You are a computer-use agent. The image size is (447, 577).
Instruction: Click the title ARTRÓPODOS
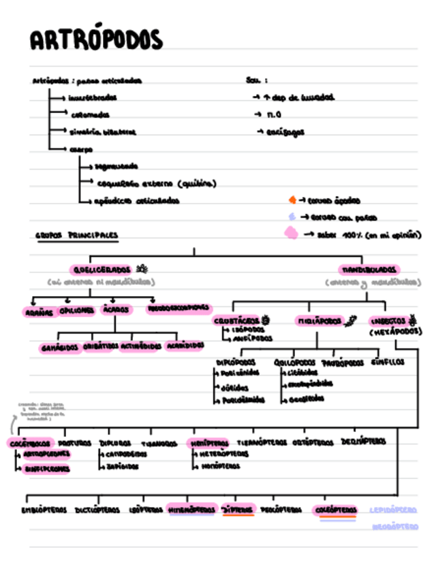(x=96, y=41)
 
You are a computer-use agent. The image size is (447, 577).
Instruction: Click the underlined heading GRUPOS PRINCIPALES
(x=76, y=235)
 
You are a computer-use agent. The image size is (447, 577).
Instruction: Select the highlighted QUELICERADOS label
(x=101, y=269)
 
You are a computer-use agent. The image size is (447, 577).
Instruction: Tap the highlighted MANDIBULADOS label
(x=369, y=269)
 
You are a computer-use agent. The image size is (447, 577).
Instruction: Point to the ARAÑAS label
(x=40, y=311)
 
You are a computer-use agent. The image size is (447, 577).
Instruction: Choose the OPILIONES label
(x=77, y=310)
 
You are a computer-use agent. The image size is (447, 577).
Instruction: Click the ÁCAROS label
(x=117, y=310)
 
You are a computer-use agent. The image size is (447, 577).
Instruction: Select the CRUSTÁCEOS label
(x=236, y=320)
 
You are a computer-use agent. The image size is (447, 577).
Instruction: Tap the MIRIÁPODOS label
(x=318, y=320)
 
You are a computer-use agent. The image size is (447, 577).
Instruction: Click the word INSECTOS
(x=388, y=320)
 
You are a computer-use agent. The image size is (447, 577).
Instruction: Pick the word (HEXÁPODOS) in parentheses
(x=396, y=332)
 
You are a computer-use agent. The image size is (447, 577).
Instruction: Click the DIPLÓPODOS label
(x=236, y=362)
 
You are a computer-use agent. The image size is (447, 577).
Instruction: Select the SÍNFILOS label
(x=388, y=362)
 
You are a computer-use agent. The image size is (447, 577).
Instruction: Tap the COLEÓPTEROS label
(x=335, y=510)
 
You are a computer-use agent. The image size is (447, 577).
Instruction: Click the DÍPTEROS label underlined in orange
(x=238, y=510)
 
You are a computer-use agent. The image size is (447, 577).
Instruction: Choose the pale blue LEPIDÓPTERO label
(x=394, y=510)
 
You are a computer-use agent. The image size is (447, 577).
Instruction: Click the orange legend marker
(x=292, y=200)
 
